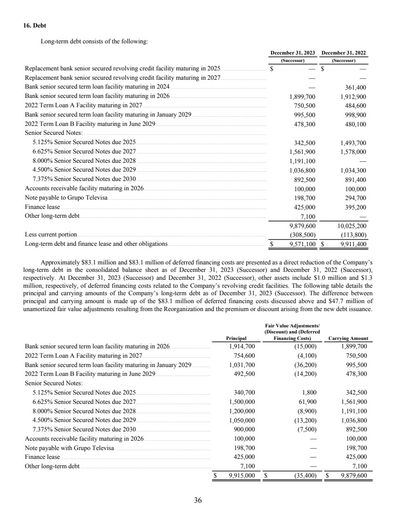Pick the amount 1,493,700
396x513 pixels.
[354, 143]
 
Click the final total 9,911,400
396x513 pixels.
[354, 243]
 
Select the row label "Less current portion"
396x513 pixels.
[51, 234]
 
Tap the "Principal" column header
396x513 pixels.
[236, 339]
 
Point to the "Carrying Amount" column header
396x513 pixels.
[348, 339]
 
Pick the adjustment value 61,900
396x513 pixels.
[307, 401]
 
